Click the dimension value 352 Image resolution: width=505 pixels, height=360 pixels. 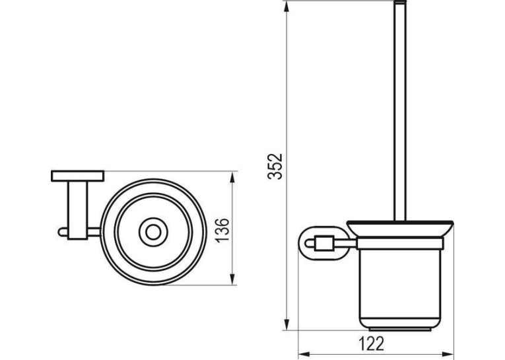click(275, 166)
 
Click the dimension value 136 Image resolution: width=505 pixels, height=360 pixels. click(222, 229)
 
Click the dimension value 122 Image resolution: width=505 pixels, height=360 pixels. click(372, 343)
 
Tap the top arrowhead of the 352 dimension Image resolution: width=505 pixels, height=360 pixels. click(286, 7)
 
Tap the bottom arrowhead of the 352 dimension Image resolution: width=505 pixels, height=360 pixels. click(286, 324)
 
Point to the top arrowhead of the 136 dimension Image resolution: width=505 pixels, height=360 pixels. click(233, 178)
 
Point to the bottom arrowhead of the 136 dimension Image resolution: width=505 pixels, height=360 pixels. click(233, 279)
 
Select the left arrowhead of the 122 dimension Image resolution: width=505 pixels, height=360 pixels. click(304, 353)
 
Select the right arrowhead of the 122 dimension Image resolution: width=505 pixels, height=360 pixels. click(448, 353)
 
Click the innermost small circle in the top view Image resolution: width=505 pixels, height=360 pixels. click(153, 232)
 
